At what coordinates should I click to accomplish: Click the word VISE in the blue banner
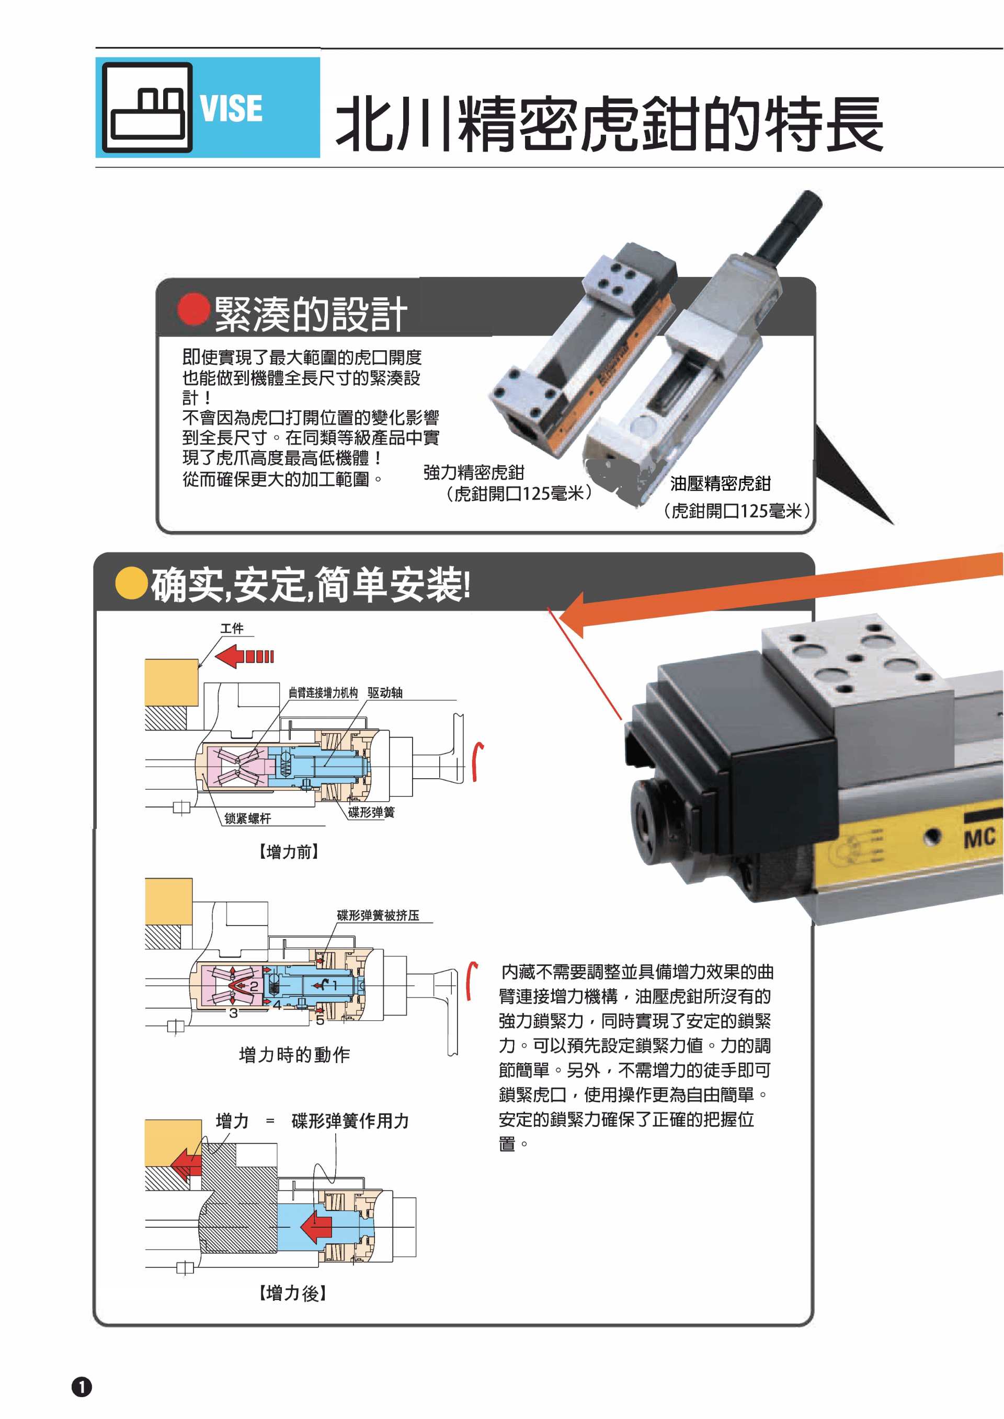click(x=231, y=109)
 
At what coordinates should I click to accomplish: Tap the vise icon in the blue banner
click(x=147, y=107)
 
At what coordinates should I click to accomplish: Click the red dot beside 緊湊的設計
click(x=194, y=309)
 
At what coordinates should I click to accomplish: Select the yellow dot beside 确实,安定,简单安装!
click(x=131, y=583)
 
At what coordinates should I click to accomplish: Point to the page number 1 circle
click(x=82, y=1387)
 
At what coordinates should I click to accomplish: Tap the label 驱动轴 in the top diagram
click(x=384, y=693)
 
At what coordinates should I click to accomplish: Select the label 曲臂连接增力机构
click(x=323, y=693)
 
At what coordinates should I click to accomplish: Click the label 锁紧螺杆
click(x=247, y=818)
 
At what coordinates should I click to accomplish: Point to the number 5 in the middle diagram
click(x=320, y=1020)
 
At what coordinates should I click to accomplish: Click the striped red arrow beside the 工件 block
click(x=244, y=656)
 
